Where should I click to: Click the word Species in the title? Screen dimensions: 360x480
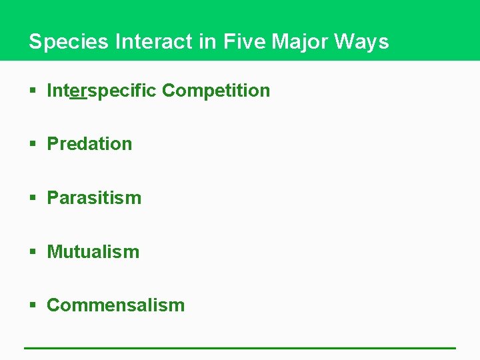click(69, 42)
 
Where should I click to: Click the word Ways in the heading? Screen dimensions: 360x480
click(361, 42)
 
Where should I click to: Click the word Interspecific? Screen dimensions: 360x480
click(102, 91)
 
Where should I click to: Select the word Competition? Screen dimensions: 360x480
click(216, 91)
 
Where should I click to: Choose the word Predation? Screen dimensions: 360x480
click(89, 144)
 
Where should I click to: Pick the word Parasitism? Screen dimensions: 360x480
click(94, 198)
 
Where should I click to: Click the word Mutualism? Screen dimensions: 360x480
click(93, 252)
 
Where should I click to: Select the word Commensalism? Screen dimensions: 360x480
click(115, 305)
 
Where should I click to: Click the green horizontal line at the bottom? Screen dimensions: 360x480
click(240, 347)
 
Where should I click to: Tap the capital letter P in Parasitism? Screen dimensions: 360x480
click(53, 198)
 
